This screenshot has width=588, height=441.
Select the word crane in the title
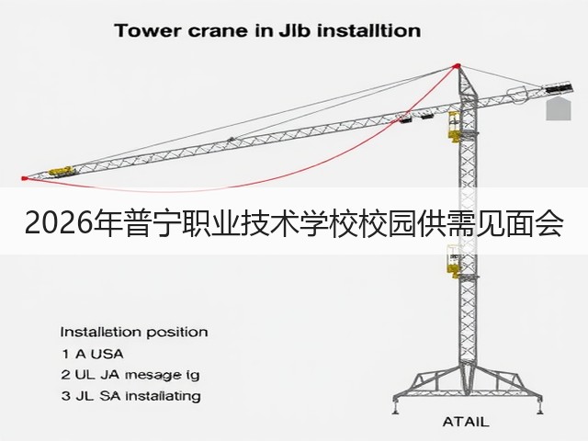(x=218, y=31)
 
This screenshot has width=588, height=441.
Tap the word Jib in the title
(x=295, y=30)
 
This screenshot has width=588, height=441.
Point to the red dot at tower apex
(x=457, y=66)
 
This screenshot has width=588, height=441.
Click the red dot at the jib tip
(x=25, y=178)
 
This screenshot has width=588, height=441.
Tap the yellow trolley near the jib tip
(x=62, y=172)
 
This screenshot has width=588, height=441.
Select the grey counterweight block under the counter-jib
(x=559, y=109)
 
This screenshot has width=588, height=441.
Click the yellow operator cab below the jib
(x=454, y=127)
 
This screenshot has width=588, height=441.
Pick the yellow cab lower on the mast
(x=454, y=261)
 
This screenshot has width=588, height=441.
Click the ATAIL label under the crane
(x=466, y=422)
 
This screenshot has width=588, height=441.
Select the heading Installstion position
(x=134, y=333)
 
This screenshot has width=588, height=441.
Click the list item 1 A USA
(x=93, y=354)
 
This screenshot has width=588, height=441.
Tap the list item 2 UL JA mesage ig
(x=130, y=375)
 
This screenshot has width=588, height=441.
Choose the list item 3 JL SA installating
(x=130, y=396)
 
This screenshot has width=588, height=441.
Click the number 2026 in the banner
(x=58, y=223)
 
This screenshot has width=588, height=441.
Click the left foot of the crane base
(x=396, y=408)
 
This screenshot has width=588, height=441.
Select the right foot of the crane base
(x=539, y=408)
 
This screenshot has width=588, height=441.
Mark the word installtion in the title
(x=368, y=30)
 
